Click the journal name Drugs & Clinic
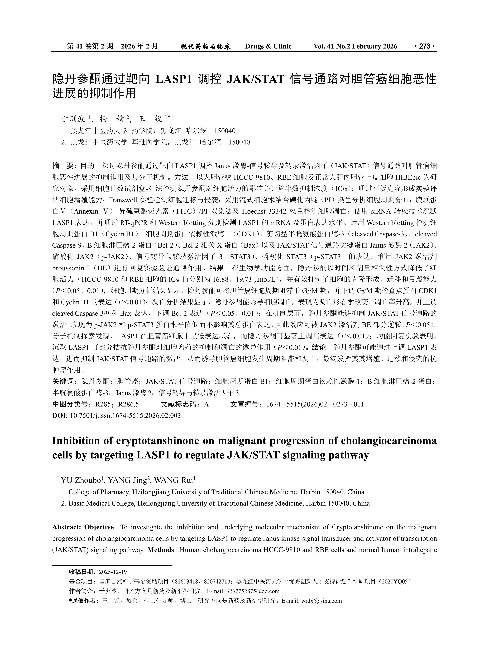(x=268, y=46)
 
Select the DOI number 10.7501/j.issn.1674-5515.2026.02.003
(x=125, y=415)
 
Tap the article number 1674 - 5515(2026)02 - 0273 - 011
(x=315, y=404)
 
